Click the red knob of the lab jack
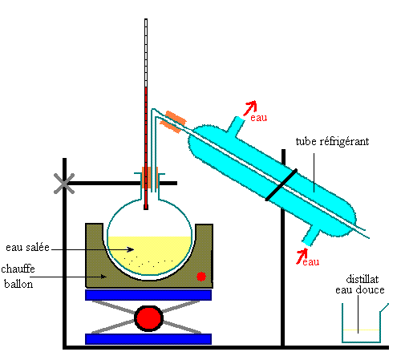(x=148, y=318)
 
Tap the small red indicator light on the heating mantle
(x=201, y=277)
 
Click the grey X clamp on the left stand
(x=64, y=184)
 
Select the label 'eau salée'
(x=27, y=248)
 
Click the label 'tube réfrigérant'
(x=332, y=141)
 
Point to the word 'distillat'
(x=363, y=279)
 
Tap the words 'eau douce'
(x=360, y=289)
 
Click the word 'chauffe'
(x=18, y=269)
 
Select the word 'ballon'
(x=18, y=284)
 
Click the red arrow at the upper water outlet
(x=250, y=107)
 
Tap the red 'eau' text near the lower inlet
(x=311, y=261)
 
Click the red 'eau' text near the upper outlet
(x=258, y=118)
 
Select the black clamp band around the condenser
(x=282, y=184)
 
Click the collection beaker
(x=362, y=326)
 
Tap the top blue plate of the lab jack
(x=148, y=295)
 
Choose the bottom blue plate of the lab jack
(x=148, y=339)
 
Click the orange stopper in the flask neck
(x=150, y=178)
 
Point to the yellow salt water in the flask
(x=150, y=255)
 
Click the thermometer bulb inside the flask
(x=146, y=207)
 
